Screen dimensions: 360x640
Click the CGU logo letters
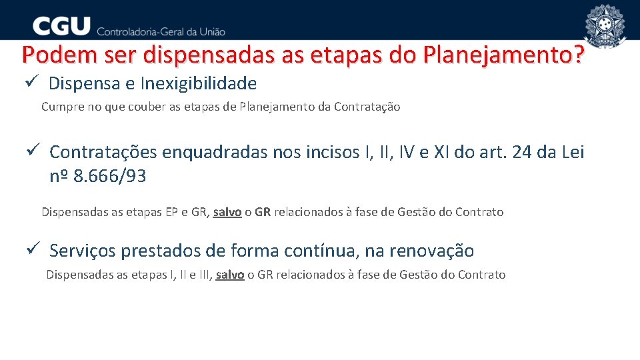[x=61, y=26]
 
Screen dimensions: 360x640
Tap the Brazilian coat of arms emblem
[x=605, y=27]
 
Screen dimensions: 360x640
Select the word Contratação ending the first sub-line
[x=367, y=107]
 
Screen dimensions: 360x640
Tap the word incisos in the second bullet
[x=326, y=152]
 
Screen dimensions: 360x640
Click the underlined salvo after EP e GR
[x=227, y=212]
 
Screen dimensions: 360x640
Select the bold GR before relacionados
[x=263, y=212]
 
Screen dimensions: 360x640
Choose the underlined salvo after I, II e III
[x=229, y=275]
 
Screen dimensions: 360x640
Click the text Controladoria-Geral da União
[x=161, y=31]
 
